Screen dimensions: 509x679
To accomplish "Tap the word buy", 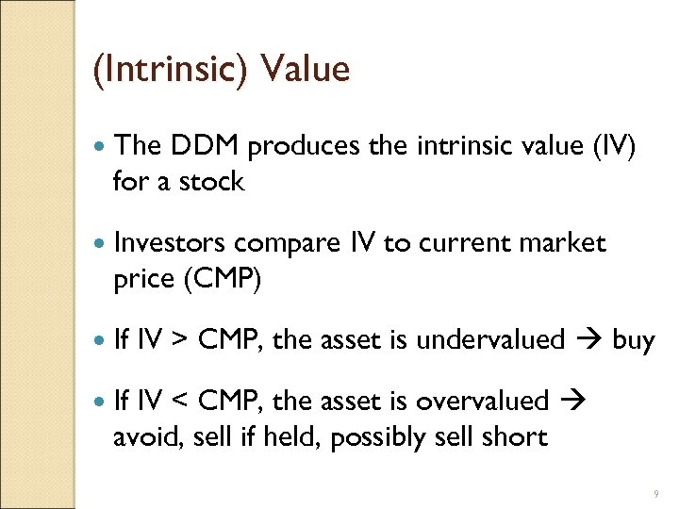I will [633, 340].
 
